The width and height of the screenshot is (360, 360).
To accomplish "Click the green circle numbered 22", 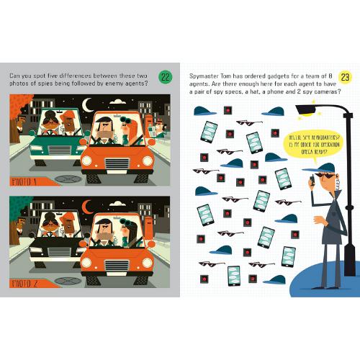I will point(165,77).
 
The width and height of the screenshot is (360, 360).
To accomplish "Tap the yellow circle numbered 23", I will point(344,77).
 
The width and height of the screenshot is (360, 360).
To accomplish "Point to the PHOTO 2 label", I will point(24,283).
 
